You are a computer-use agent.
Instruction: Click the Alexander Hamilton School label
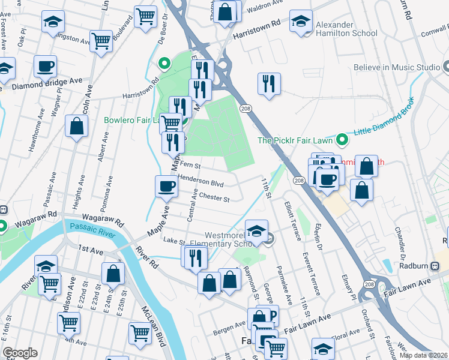click(342, 28)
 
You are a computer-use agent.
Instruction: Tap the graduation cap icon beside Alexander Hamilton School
click(301, 22)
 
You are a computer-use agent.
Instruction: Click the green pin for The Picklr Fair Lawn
click(342, 140)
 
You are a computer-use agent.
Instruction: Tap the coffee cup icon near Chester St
click(166, 186)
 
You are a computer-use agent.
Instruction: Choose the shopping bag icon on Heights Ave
click(76, 126)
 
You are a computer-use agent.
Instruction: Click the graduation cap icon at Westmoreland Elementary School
click(256, 231)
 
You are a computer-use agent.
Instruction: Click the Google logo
click(20, 353)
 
